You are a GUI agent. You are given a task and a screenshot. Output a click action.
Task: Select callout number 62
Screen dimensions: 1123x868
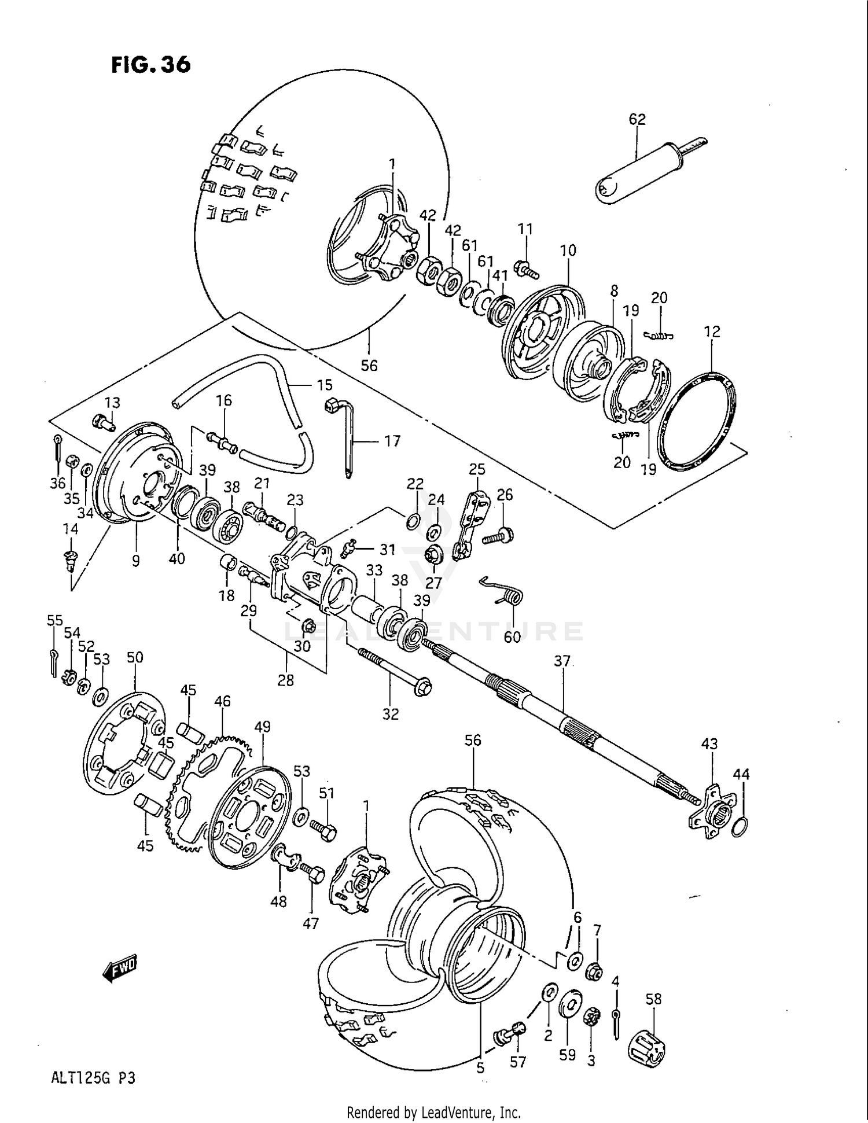tap(637, 119)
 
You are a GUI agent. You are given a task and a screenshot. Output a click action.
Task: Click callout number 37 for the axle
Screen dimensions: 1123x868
tap(562, 661)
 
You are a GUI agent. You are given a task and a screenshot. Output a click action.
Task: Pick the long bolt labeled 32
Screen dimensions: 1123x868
tap(394, 672)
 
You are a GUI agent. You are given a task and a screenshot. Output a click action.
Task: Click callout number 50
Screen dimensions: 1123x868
tap(135, 657)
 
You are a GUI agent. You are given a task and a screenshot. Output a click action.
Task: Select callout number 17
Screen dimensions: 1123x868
tap(392, 441)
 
